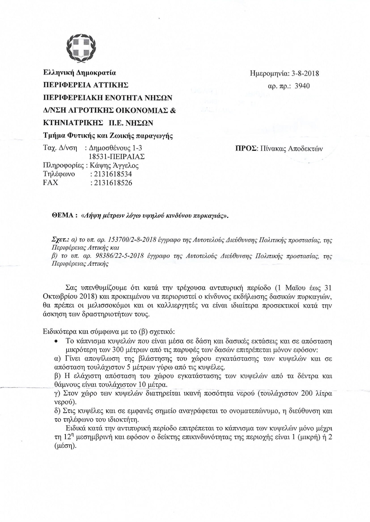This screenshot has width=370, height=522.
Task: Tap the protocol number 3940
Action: [302, 86]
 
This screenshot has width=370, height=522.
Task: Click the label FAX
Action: [51, 182]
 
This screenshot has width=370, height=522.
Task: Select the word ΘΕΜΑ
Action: [63, 216]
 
